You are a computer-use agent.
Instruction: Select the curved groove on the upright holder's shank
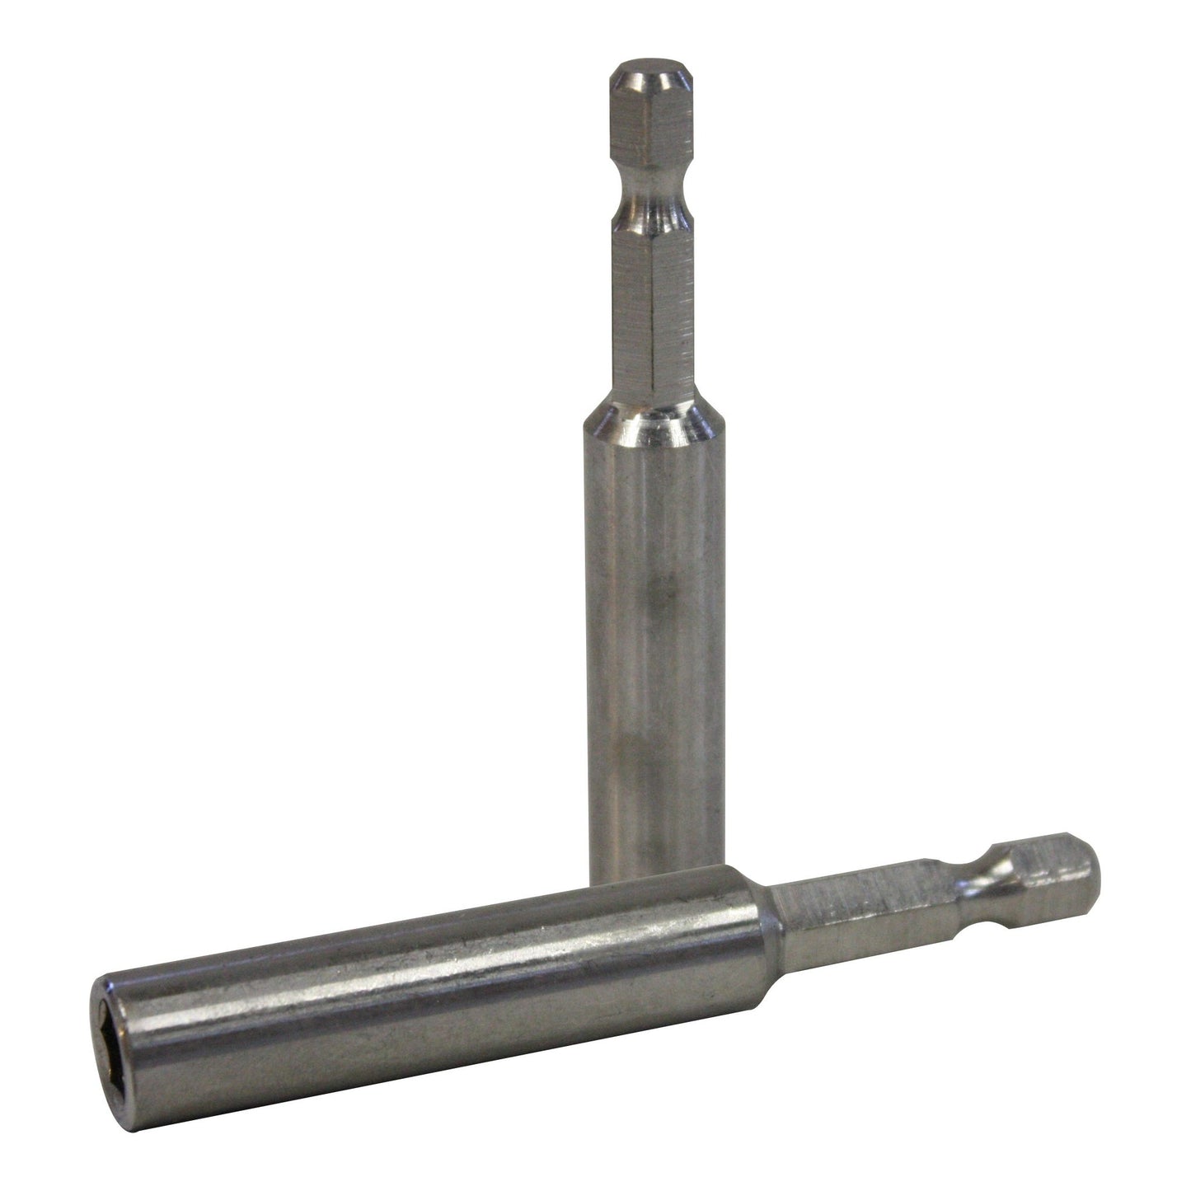point(649,216)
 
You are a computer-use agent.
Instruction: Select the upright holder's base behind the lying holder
point(651,857)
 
